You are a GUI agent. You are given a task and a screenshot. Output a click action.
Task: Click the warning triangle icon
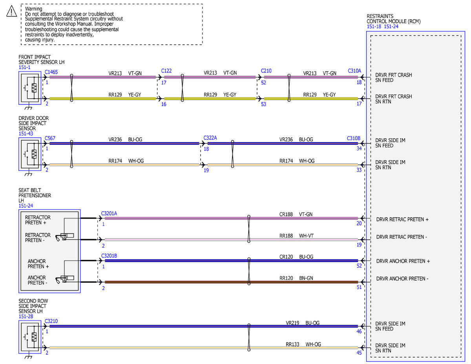tap(11, 11)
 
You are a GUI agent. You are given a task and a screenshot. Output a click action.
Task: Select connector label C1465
tap(51, 72)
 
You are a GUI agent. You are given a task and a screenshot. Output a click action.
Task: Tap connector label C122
tap(166, 71)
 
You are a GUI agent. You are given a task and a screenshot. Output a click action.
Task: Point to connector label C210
tap(266, 71)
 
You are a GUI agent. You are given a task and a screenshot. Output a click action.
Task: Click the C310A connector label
tap(354, 71)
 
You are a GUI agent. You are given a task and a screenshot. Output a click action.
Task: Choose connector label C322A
tap(210, 138)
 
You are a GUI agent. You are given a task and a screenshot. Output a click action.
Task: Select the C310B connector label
tap(354, 138)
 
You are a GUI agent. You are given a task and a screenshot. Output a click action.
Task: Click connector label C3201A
tap(109, 214)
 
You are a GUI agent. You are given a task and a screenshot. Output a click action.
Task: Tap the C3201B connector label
tap(109, 256)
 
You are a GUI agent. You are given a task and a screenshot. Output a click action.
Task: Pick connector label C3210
tap(51, 321)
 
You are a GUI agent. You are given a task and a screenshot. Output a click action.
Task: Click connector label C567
tap(50, 138)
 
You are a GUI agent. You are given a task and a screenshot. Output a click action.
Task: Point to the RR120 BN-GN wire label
tap(296, 278)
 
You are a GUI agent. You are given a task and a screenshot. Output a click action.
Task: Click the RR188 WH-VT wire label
tap(296, 236)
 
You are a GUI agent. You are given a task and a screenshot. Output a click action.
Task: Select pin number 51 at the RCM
tap(359, 287)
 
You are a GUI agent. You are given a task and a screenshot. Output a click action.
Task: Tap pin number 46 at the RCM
tap(359, 331)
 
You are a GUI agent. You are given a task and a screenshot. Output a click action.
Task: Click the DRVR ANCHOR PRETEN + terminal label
tap(403, 261)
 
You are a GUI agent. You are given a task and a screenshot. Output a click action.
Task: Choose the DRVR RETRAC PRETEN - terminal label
tap(402, 237)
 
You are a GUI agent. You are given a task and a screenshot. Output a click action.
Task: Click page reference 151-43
tap(26, 134)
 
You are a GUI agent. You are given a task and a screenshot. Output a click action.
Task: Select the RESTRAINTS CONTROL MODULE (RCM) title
tap(393, 19)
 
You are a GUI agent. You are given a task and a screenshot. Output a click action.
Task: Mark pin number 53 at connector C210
tap(263, 104)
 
